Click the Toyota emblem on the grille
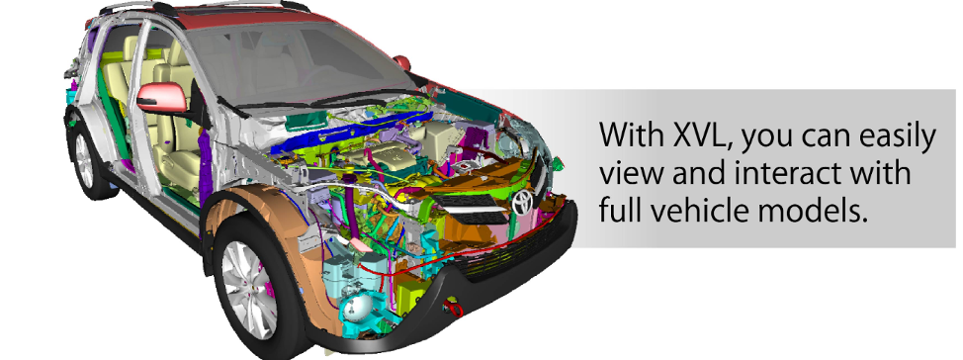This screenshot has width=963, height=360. click(523, 201)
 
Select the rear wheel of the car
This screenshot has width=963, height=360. click(86, 160)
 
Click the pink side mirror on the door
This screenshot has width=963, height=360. click(160, 98)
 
